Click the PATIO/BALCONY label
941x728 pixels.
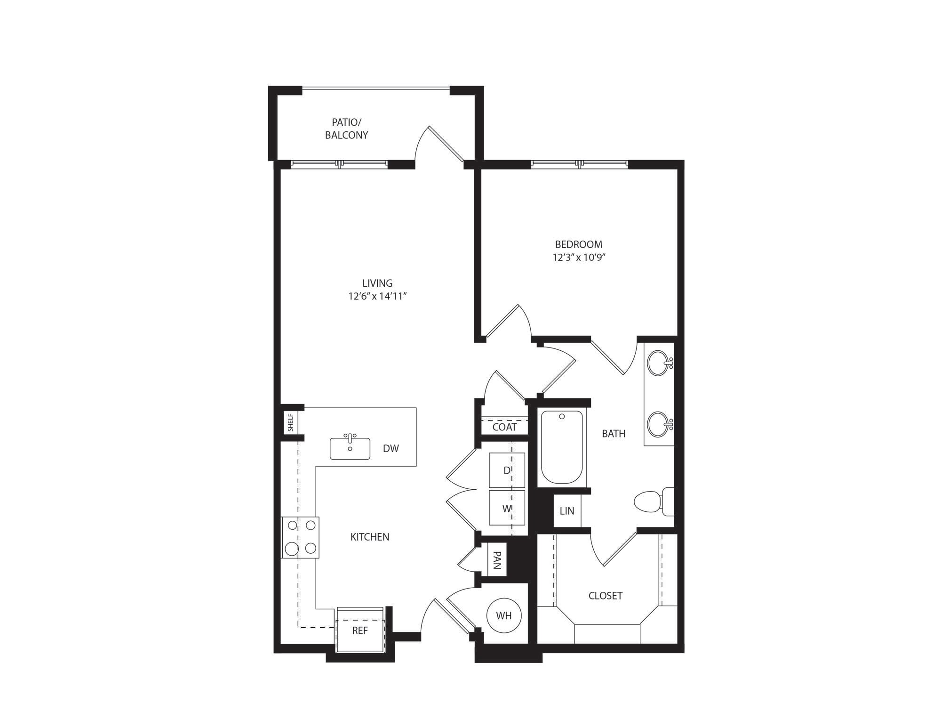click(x=347, y=129)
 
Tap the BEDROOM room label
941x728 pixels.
click(x=579, y=244)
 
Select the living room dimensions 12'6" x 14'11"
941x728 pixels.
click(x=377, y=296)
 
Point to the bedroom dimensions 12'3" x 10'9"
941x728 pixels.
click(x=579, y=258)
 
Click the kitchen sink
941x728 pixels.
click(x=350, y=447)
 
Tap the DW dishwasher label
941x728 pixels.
click(x=391, y=448)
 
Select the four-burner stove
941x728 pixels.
click(x=300, y=537)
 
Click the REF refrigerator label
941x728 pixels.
click(x=360, y=631)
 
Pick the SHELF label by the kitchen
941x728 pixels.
click(x=290, y=422)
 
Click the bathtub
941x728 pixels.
click(x=562, y=447)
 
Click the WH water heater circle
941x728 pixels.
click(x=504, y=615)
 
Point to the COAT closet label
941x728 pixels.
click(x=504, y=427)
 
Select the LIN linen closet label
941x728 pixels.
click(x=567, y=511)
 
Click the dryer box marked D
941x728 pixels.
click(x=507, y=470)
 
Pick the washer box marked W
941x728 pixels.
click(x=507, y=508)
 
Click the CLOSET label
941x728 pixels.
click(x=606, y=596)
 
